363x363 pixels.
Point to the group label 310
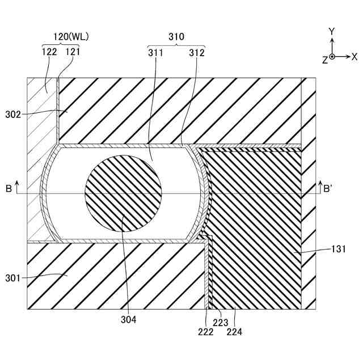pos(176,36)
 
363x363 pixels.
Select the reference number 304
pos(129,320)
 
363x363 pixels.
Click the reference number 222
pos(205,332)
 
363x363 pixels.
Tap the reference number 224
pos(234,332)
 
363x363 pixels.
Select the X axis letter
pos(354,57)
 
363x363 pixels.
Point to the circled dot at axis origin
pos(332,57)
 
